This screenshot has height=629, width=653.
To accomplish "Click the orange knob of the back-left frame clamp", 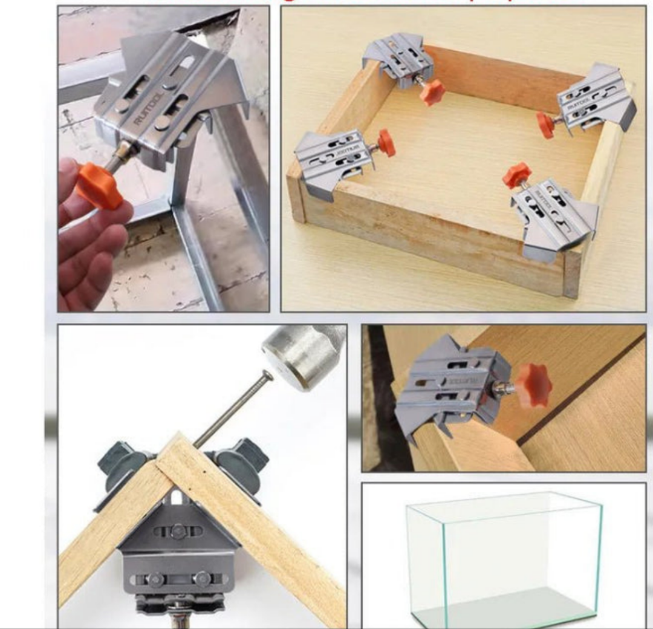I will (x=433, y=93).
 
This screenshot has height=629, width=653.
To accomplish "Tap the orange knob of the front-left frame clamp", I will (x=386, y=143).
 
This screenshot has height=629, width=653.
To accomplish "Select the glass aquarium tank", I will (x=505, y=556).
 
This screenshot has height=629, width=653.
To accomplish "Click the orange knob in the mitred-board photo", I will (x=533, y=385).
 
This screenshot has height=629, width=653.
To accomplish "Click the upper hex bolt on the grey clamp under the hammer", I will (x=177, y=532).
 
